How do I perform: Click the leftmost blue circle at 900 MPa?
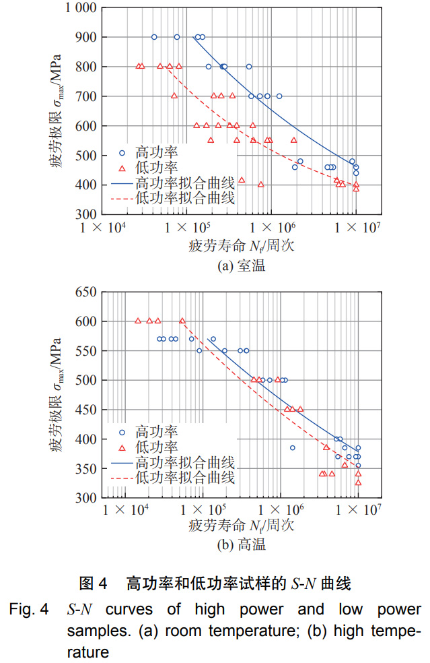[x=154, y=37]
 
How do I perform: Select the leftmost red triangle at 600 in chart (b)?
[x=138, y=321]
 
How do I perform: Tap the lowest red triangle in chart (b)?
[x=358, y=482]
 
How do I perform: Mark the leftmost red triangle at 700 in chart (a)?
[x=174, y=96]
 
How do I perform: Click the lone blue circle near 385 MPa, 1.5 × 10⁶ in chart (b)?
[x=293, y=447]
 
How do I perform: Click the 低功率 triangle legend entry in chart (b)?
[x=148, y=447]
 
